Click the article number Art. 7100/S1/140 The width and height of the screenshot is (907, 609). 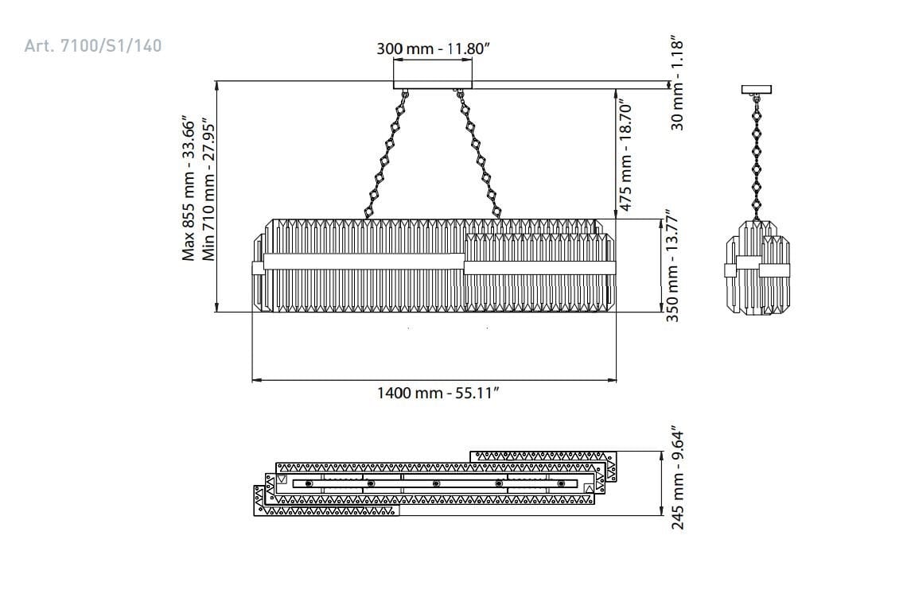click(93, 45)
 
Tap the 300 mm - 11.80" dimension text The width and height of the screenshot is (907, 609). click(434, 48)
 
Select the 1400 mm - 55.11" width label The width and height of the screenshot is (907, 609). click(438, 393)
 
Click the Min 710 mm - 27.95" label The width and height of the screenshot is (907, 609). click(208, 190)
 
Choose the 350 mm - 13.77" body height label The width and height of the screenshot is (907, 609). click(671, 266)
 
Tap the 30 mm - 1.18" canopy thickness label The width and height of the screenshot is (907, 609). click(677, 83)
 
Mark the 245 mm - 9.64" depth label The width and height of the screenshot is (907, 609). click(677, 479)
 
